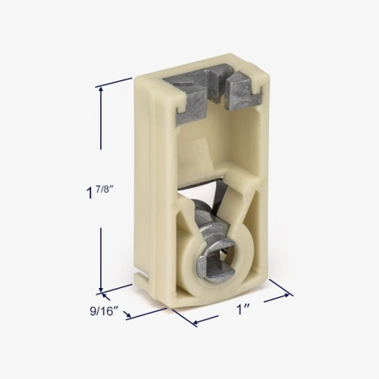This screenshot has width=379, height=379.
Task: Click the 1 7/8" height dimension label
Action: tap(100, 191)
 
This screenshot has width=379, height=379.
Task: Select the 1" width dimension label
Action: tap(243, 309)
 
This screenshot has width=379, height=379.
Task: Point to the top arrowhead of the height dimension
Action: tap(101, 89)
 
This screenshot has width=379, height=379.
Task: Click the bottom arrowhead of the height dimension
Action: tap(101, 288)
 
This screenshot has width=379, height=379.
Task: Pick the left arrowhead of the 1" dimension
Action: tap(197, 322)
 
